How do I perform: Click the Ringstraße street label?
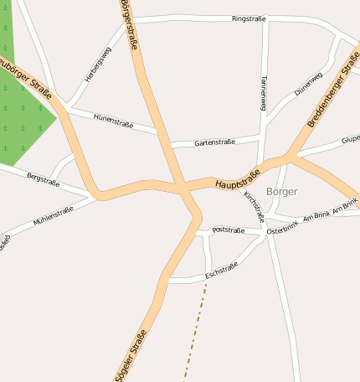tap(249, 18)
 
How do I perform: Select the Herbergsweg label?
tap(98, 64)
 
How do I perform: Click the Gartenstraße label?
tap(214, 143)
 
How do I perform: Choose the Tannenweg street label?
tap(263, 92)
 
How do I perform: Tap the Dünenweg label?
tap(308, 81)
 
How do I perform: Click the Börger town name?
tap(281, 191)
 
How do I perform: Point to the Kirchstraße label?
tap(253, 204)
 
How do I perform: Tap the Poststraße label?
tap(229, 230)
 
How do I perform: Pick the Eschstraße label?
tap(222, 269)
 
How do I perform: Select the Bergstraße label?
tap(44, 179)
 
